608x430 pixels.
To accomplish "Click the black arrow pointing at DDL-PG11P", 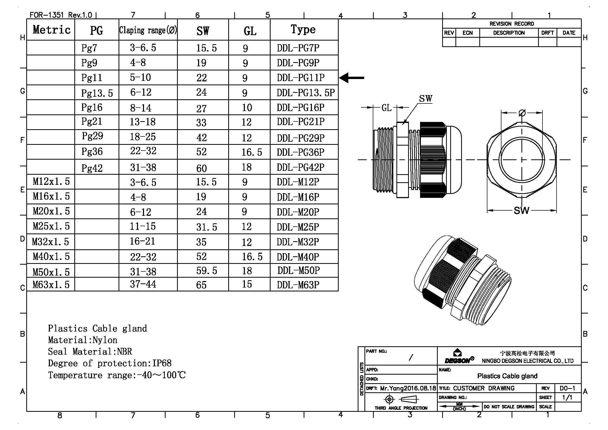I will coord(351,78).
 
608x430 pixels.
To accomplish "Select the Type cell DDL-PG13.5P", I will coord(306,93).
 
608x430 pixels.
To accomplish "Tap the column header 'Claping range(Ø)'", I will coord(148,30).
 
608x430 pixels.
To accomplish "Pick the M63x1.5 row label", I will coord(51,285).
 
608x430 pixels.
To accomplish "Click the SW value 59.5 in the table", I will coord(207,271).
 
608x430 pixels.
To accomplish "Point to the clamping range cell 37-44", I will coord(143,284).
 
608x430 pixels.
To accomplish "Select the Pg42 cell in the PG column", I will coord(92,168).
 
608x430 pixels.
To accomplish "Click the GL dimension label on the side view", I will coord(386,108).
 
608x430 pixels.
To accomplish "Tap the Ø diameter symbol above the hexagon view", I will coord(522,113).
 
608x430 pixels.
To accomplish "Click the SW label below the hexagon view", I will coord(521,211).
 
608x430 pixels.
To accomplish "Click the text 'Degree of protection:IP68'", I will coord(110,363).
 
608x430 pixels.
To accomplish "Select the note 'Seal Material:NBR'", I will coord(90,352).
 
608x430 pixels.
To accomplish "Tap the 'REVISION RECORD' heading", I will coord(512,24).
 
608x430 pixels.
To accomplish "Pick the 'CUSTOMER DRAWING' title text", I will coord(484,388).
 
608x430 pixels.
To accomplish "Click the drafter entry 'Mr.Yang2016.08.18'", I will coord(408,388).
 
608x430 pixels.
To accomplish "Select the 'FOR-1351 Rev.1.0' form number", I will coord(61,15).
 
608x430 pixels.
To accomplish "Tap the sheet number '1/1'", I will coord(567,398).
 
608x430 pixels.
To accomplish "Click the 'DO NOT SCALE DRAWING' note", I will coord(509,407).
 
